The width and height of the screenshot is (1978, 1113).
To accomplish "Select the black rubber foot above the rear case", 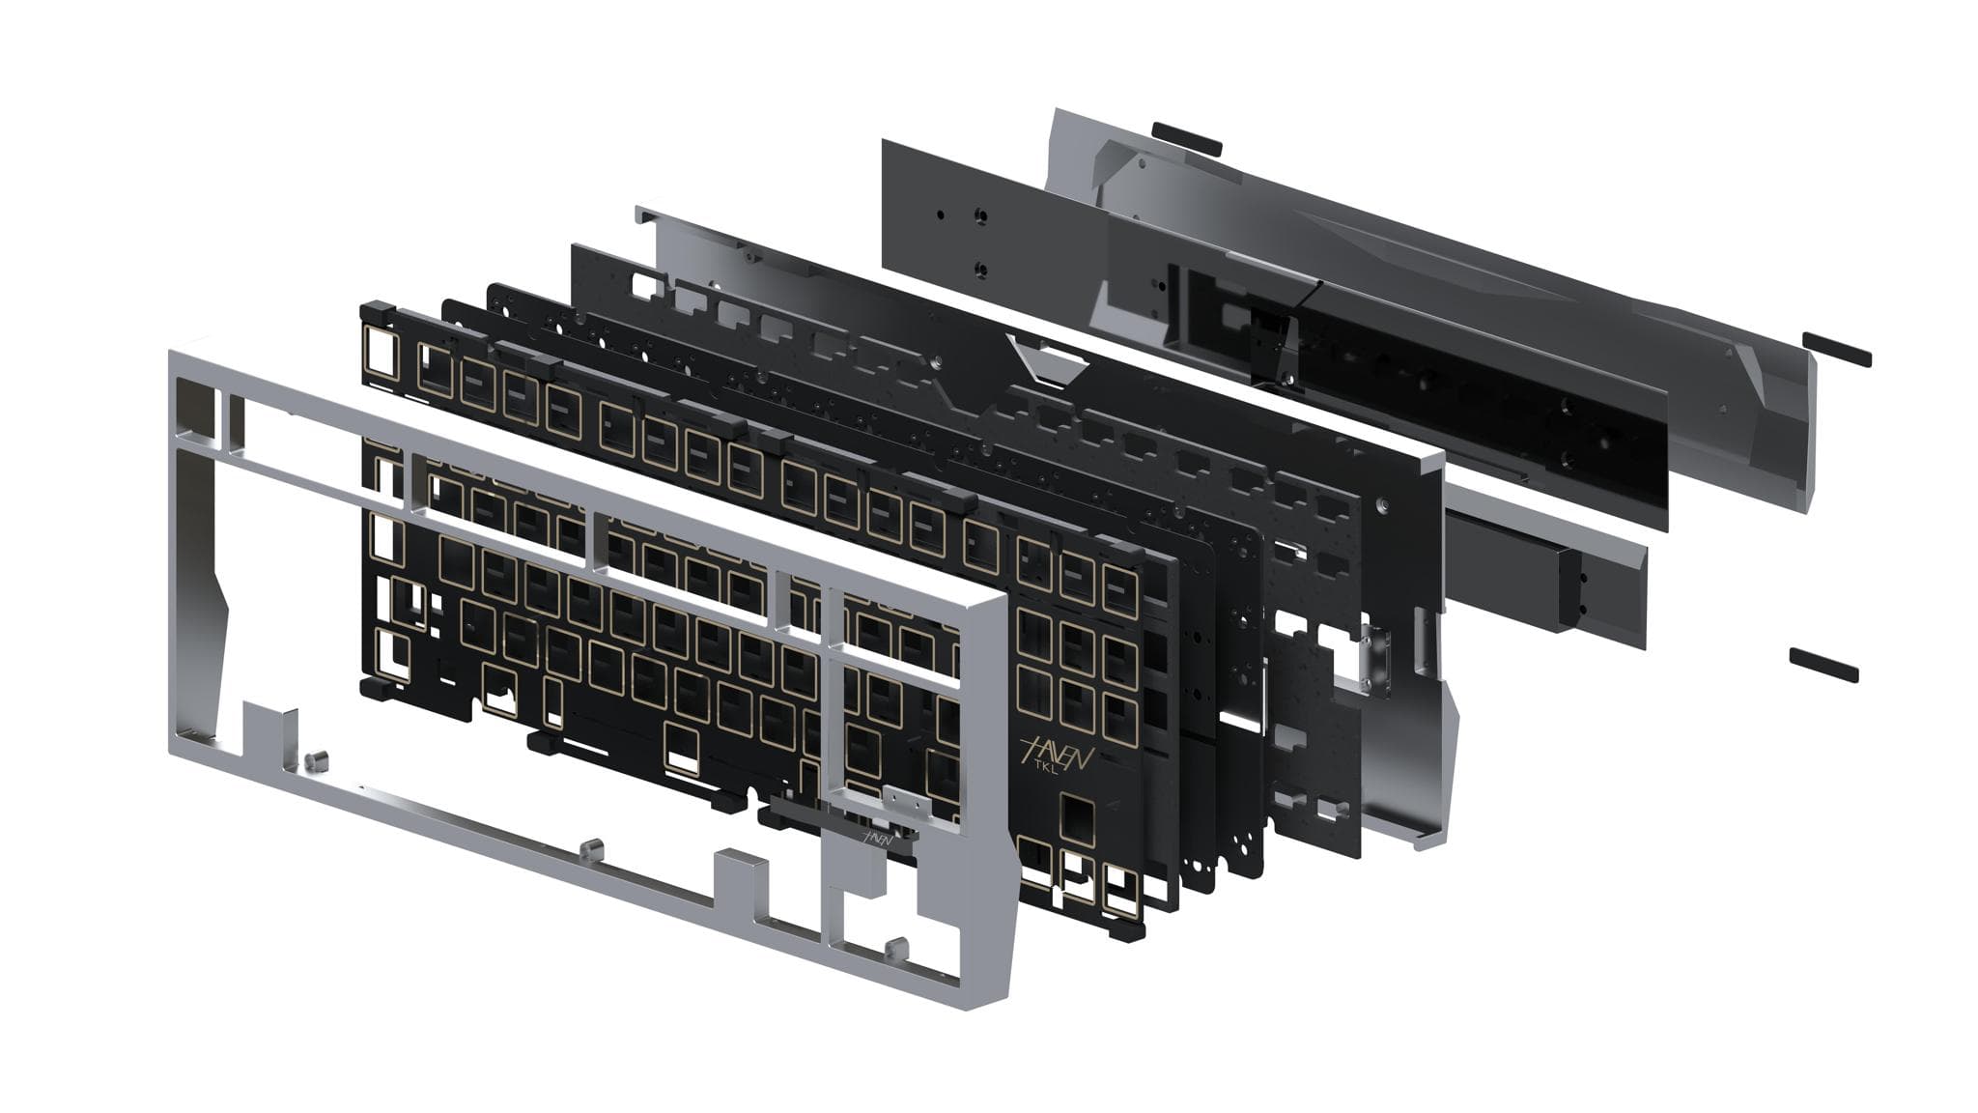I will (x=1187, y=138).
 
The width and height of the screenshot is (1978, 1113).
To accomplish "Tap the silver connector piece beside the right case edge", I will (x=1371, y=657).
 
